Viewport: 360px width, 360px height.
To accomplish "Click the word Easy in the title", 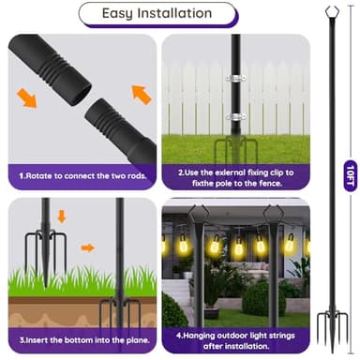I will tap(130, 13).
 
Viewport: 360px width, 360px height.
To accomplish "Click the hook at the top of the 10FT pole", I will tap(330, 14).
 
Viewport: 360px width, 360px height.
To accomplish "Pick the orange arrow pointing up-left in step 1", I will tap(141, 93).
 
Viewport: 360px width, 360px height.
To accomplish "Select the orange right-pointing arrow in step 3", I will tap(87, 248).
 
